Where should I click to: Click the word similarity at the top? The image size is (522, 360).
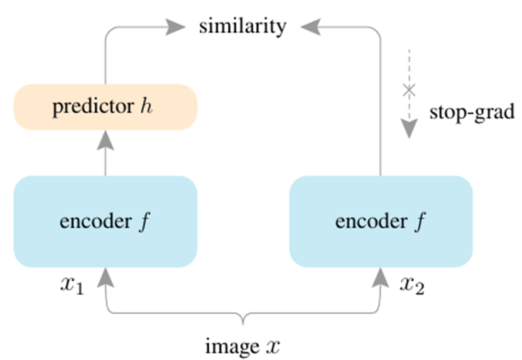pos(243,27)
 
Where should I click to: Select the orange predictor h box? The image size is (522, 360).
pos(106,108)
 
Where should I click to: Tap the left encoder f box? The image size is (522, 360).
pos(106,221)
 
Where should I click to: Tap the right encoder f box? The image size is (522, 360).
pos(380,221)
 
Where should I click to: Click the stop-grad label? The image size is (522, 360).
pos(472,112)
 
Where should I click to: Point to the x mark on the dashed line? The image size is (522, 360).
pos(409,91)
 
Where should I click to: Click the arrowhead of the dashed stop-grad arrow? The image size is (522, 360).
pos(409,128)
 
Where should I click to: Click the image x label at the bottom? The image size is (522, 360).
pos(242,345)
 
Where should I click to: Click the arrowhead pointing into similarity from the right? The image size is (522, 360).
pos(311,27)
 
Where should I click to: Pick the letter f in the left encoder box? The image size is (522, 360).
pos(143,221)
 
